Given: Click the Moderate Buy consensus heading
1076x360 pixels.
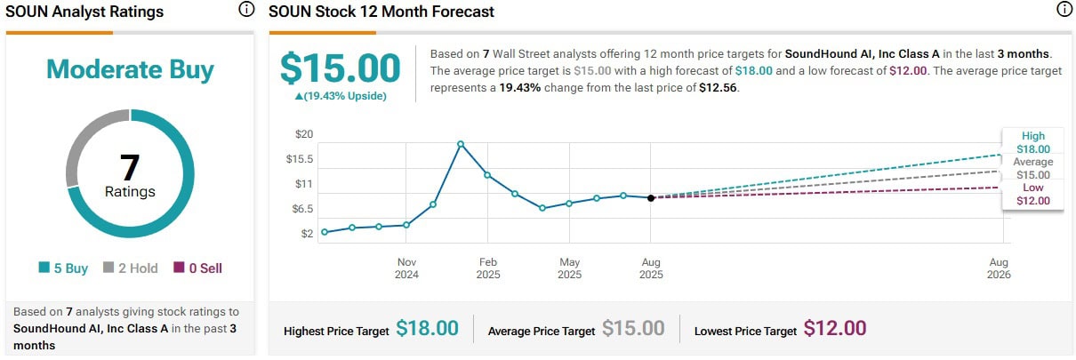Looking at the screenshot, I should pos(130,69).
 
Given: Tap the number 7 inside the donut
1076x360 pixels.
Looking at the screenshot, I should pos(130,166).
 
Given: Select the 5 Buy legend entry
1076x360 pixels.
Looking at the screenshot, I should pos(63,268).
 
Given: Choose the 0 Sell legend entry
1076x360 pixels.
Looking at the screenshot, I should pos(197,268).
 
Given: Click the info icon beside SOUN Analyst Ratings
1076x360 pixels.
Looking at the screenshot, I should pos(246,11).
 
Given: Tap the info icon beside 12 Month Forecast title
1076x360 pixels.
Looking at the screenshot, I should pos(1064,11).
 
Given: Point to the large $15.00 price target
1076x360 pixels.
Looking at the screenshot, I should pos(340,68).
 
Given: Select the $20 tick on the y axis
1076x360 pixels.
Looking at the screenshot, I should pos(304,134).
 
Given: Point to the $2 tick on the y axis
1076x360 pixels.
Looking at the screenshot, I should pos(307,234).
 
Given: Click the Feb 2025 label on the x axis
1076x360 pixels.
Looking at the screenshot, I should pos(487,268).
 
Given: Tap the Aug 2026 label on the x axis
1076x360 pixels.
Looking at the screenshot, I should pos(998,268).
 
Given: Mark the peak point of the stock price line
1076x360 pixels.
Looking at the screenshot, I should pos(461,144).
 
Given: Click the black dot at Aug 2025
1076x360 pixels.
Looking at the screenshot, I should pos(651,198).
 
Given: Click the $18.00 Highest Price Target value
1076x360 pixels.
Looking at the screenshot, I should pos(427,328).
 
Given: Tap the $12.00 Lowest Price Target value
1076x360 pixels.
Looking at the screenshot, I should pos(834,328).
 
